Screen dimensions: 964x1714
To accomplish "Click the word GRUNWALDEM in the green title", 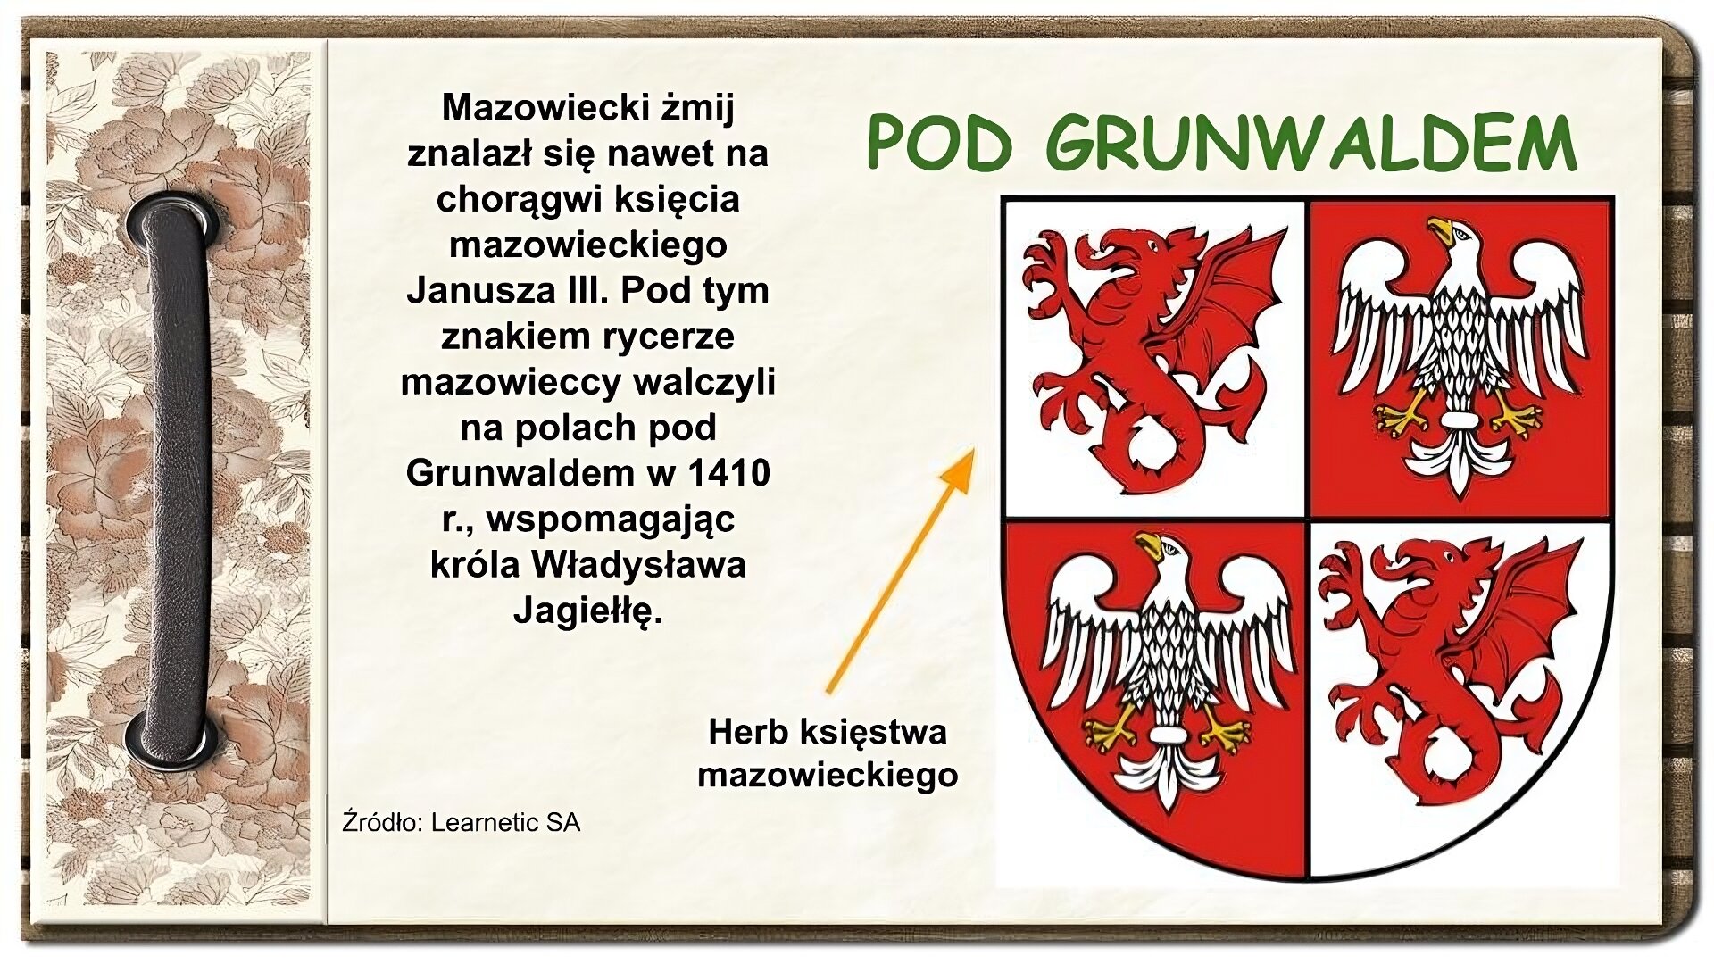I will [1310, 144].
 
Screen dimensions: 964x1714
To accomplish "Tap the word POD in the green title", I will [940, 144].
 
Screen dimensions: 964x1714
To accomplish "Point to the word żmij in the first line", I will [697, 108].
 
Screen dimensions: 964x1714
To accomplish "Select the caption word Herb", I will [747, 732].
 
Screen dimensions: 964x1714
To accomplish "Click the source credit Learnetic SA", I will [505, 822].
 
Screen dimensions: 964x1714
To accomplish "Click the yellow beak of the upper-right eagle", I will [1439, 230].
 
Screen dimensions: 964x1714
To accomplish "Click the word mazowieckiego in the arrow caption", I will [828, 775].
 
